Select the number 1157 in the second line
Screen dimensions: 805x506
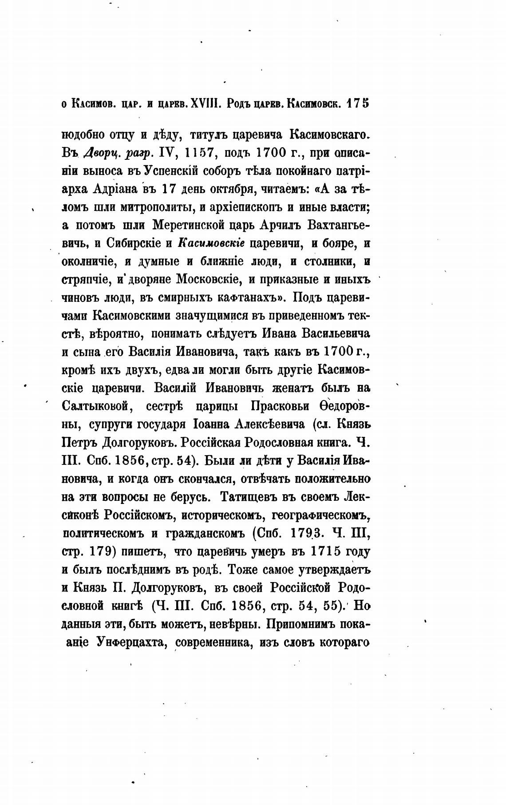coord(200,152)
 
